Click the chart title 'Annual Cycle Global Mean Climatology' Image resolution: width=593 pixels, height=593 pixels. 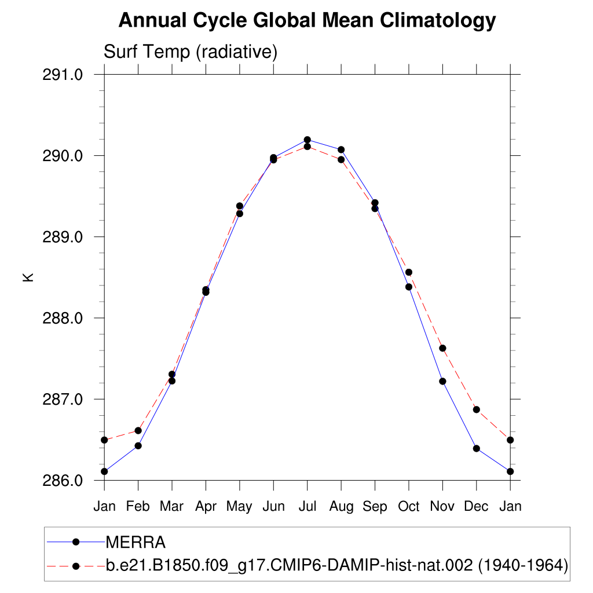tap(307, 21)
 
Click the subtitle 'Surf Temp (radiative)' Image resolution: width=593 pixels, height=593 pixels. tap(191, 52)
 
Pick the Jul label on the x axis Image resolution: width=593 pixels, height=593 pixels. tap(307, 507)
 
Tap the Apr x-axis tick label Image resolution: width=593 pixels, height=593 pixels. tap(206, 507)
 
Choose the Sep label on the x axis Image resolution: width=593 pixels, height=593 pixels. tap(375, 507)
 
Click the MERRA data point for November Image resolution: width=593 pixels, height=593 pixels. tap(442, 381)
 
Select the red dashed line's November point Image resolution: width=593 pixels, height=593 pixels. tap(442, 348)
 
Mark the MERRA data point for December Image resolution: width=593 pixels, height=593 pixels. tap(476, 448)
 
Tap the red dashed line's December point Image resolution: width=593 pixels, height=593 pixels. tap(476, 409)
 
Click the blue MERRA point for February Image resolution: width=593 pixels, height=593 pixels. tap(138, 445)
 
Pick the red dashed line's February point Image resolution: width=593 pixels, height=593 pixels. tap(138, 430)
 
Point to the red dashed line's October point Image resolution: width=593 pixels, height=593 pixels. tap(408, 272)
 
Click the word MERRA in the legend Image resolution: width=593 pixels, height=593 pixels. tap(136, 543)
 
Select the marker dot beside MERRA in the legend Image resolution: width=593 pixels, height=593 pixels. tap(75, 542)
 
